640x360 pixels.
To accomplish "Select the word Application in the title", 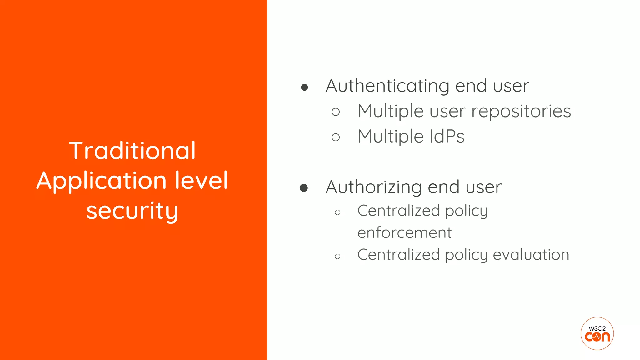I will (101, 181).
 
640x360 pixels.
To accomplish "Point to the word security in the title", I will (132, 211).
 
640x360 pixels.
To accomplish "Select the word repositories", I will (521, 111).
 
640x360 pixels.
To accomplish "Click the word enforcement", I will (404, 233).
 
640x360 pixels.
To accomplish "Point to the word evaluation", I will (531, 255).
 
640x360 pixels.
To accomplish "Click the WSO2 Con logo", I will (597, 334).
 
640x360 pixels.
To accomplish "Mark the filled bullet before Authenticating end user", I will (304, 87).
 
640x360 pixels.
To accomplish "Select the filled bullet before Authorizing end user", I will (304, 188).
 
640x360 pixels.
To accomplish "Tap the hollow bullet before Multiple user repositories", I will (336, 112).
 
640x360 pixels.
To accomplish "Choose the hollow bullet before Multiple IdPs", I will (336, 137).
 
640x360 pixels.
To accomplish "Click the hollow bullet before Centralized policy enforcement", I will (337, 212).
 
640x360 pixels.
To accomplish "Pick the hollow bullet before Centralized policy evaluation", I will (337, 257).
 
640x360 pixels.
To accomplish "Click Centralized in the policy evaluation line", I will (399, 255).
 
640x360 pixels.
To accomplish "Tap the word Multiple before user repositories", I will (391, 111).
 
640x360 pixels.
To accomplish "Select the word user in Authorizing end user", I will (483, 187).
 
